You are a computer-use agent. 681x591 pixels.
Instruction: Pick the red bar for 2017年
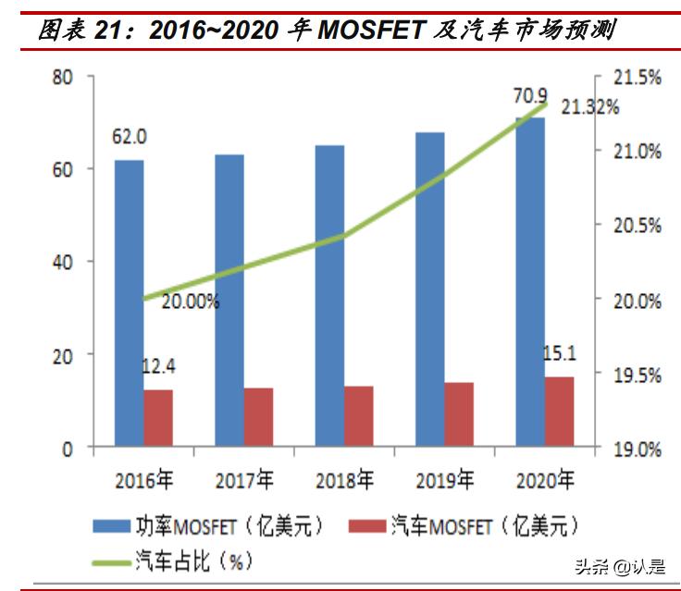pyautogui.click(x=258, y=417)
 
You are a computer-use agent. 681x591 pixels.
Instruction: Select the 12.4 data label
pyautogui.click(x=158, y=367)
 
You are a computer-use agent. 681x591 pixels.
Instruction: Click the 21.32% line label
pyautogui.click(x=589, y=108)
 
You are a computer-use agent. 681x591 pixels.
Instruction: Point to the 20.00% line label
pyautogui.click(x=190, y=302)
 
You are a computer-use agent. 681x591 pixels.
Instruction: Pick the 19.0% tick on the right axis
pyautogui.click(x=638, y=449)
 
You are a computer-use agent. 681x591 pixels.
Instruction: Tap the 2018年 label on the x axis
pyautogui.click(x=344, y=481)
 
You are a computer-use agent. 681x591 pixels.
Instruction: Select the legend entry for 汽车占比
pyautogui.click(x=180, y=560)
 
